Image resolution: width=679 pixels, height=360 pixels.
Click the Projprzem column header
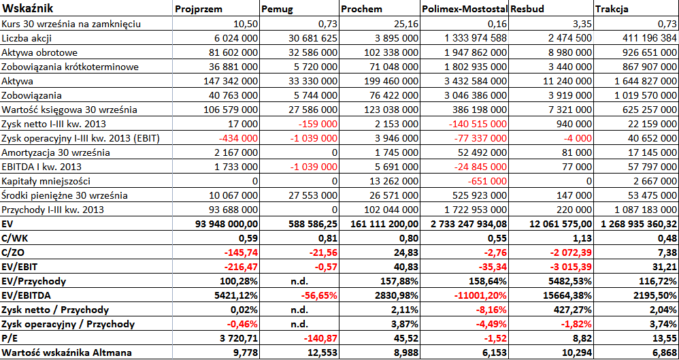(199, 10)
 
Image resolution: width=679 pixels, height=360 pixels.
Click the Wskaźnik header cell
(27, 9)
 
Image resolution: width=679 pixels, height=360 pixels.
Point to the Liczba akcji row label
(27, 38)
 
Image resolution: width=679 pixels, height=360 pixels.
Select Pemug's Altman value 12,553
(322, 353)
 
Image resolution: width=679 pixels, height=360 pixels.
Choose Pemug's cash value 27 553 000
(313, 195)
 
